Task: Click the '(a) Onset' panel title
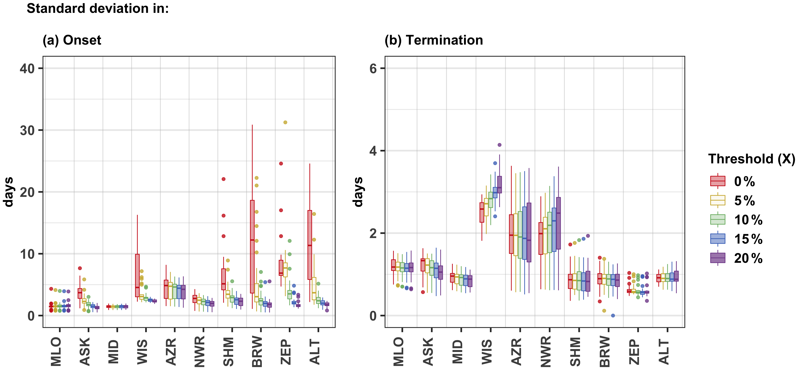pos(72,40)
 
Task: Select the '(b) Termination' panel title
pos(434,40)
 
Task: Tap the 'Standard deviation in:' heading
pos(98,8)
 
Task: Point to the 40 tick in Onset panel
pos(27,68)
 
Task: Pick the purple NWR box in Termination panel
pos(558,223)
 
